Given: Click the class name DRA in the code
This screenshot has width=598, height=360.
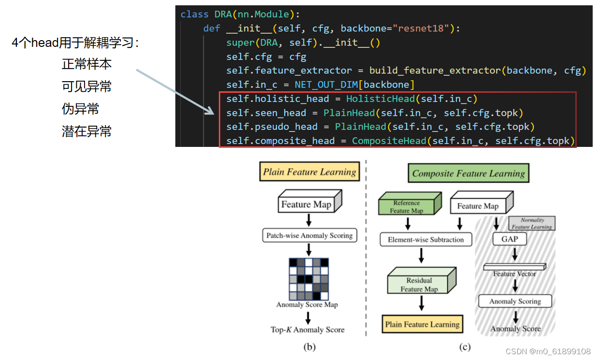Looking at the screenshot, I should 223,14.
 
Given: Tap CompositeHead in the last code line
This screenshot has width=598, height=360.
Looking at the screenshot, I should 389,141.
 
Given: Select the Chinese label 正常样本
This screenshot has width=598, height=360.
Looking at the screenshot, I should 87,64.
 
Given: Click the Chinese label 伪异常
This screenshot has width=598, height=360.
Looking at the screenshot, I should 81,109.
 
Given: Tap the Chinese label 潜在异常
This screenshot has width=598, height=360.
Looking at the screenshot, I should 87,131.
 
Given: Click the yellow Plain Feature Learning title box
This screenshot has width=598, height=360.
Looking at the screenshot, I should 310,172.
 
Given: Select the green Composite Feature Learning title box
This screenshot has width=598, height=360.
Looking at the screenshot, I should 468,173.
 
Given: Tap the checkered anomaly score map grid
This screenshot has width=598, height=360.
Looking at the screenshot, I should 309,279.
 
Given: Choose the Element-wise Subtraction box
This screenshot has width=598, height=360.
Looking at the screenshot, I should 426,240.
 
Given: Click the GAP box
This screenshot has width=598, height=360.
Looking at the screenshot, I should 510,239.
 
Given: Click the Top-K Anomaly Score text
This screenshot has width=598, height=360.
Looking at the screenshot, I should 307,330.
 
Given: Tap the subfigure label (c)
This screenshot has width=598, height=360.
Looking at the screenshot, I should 465,346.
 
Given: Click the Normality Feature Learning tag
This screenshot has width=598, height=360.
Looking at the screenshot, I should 531,223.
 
